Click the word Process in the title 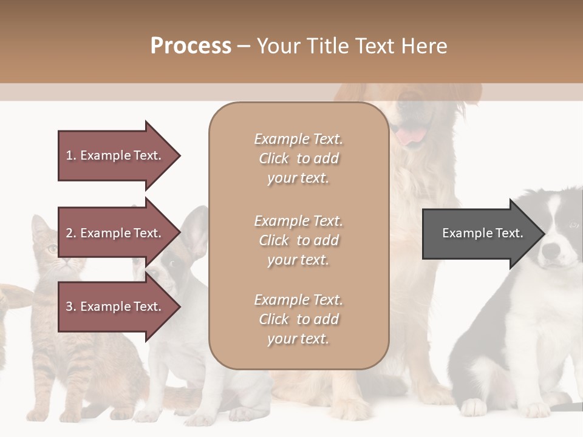[191, 46]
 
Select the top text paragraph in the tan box [298, 158]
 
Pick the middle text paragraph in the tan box [298, 240]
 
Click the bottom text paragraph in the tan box [298, 319]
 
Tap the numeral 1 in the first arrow [69, 155]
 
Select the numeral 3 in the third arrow [69, 307]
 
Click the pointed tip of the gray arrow [544, 234]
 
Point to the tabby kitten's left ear [40, 226]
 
